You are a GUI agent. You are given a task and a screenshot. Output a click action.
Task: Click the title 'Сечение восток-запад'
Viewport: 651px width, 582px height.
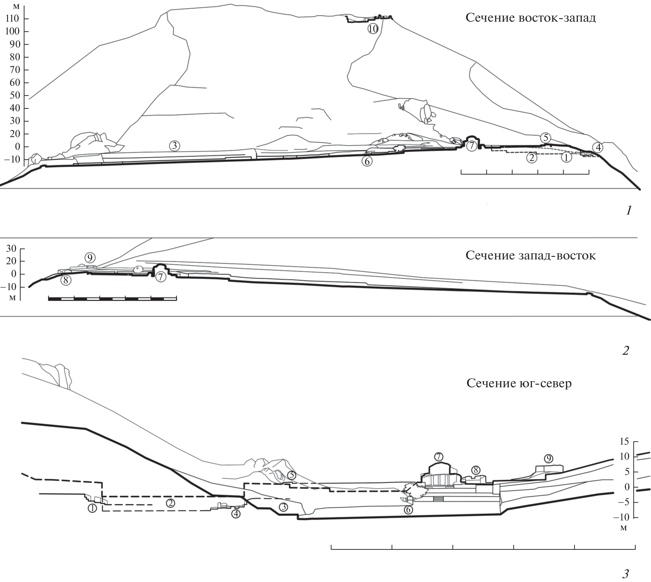pos(530,18)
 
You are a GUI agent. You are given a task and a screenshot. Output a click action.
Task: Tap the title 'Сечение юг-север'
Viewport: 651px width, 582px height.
pos(519,383)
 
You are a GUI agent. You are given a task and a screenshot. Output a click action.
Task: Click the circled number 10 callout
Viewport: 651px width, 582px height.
pos(373,29)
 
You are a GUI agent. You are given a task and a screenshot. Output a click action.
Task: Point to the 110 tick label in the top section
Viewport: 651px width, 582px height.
pos(12,18)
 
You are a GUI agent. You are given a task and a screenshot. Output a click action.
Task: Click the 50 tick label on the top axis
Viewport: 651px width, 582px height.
pos(15,95)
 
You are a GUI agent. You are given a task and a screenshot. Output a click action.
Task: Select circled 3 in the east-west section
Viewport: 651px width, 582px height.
pos(174,146)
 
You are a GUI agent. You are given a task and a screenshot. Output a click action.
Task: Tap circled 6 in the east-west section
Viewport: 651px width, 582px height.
pos(367,162)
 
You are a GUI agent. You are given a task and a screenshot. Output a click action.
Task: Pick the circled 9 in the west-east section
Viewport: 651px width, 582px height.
pos(90,258)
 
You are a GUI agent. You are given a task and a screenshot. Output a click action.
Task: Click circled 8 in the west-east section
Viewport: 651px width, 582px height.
pos(66,280)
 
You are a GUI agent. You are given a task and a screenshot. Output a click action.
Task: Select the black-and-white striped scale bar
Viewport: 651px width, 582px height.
pos(112,299)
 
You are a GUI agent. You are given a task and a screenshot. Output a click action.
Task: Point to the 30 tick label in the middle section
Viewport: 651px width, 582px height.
pos(11,249)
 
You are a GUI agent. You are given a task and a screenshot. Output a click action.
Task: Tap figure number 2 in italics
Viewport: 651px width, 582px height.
pos(625,351)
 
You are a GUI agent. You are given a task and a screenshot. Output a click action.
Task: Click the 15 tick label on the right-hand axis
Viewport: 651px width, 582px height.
pos(625,441)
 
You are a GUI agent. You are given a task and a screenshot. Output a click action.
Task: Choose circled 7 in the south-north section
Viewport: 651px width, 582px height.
pos(439,457)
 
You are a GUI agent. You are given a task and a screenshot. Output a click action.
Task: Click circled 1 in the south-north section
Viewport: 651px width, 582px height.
pos(92,508)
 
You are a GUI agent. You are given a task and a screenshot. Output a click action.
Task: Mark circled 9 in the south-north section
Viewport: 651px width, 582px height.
pos(549,459)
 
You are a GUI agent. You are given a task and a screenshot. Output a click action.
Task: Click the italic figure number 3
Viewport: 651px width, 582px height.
pos(625,574)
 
